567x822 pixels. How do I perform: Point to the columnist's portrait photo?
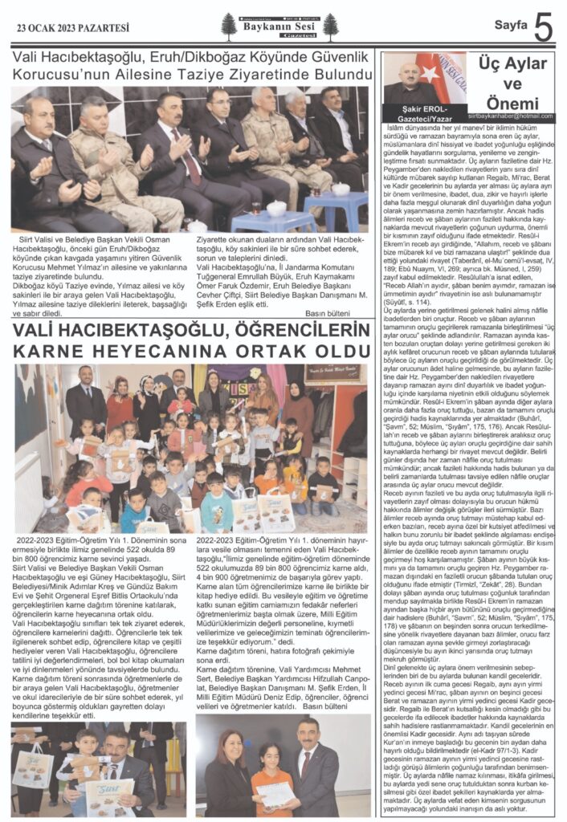click(411, 78)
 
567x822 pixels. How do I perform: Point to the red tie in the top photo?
click(174, 145)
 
